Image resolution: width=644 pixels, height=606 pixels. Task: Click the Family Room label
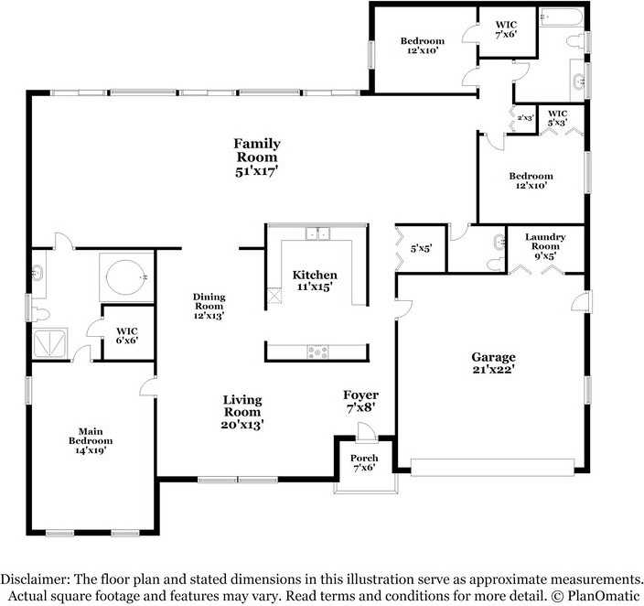[256, 157]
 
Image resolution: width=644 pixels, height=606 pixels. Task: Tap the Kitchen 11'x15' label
[315, 280]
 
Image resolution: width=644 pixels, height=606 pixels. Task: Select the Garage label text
[493, 363]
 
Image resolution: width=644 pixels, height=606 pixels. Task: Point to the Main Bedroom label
[89, 435]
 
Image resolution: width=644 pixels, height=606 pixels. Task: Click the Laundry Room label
[544, 246]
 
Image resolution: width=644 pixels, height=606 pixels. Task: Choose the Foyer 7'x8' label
[360, 401]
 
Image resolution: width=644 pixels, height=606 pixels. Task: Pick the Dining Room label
[209, 306]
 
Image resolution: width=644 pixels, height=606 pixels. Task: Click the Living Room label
[242, 411]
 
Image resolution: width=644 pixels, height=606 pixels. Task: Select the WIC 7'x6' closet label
[507, 29]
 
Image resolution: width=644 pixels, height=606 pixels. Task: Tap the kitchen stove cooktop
[317, 351]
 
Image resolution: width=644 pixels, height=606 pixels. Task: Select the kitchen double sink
[317, 234]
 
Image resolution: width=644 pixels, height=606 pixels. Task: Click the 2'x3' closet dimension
[525, 117]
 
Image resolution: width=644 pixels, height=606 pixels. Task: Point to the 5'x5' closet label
[421, 248]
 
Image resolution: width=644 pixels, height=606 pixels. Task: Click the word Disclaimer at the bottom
[36, 579]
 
